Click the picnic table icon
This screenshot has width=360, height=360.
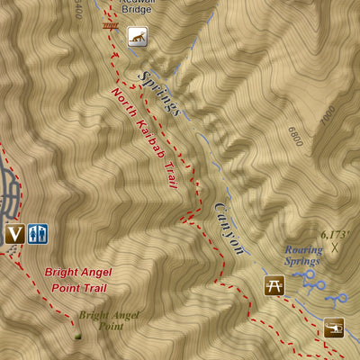(274, 286)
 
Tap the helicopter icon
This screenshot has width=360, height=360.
(334, 328)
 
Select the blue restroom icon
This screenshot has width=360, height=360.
(38, 234)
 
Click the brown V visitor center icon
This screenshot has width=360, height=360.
(13, 235)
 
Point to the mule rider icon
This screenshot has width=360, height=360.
(137, 37)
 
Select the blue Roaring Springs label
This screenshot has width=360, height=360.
(302, 256)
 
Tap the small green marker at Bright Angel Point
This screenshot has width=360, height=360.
(77, 336)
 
